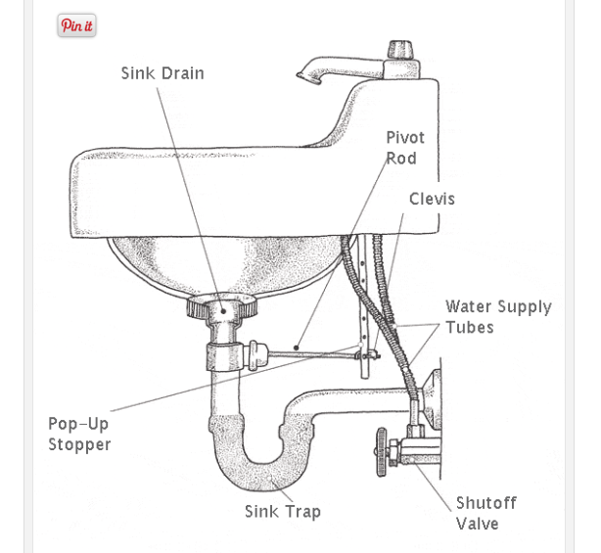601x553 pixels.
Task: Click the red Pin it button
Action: click(76, 26)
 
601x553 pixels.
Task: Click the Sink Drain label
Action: click(162, 73)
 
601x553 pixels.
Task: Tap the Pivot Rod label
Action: click(405, 148)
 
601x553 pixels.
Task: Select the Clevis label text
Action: click(432, 199)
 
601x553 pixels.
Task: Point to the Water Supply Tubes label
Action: click(497, 317)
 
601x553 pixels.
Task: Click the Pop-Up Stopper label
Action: click(79, 434)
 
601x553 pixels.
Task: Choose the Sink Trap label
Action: click(282, 511)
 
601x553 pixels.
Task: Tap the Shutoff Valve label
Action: click(485, 513)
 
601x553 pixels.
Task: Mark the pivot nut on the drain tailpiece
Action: click(255, 349)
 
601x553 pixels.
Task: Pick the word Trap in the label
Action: click(303, 511)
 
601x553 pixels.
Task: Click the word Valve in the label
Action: click(478, 524)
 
